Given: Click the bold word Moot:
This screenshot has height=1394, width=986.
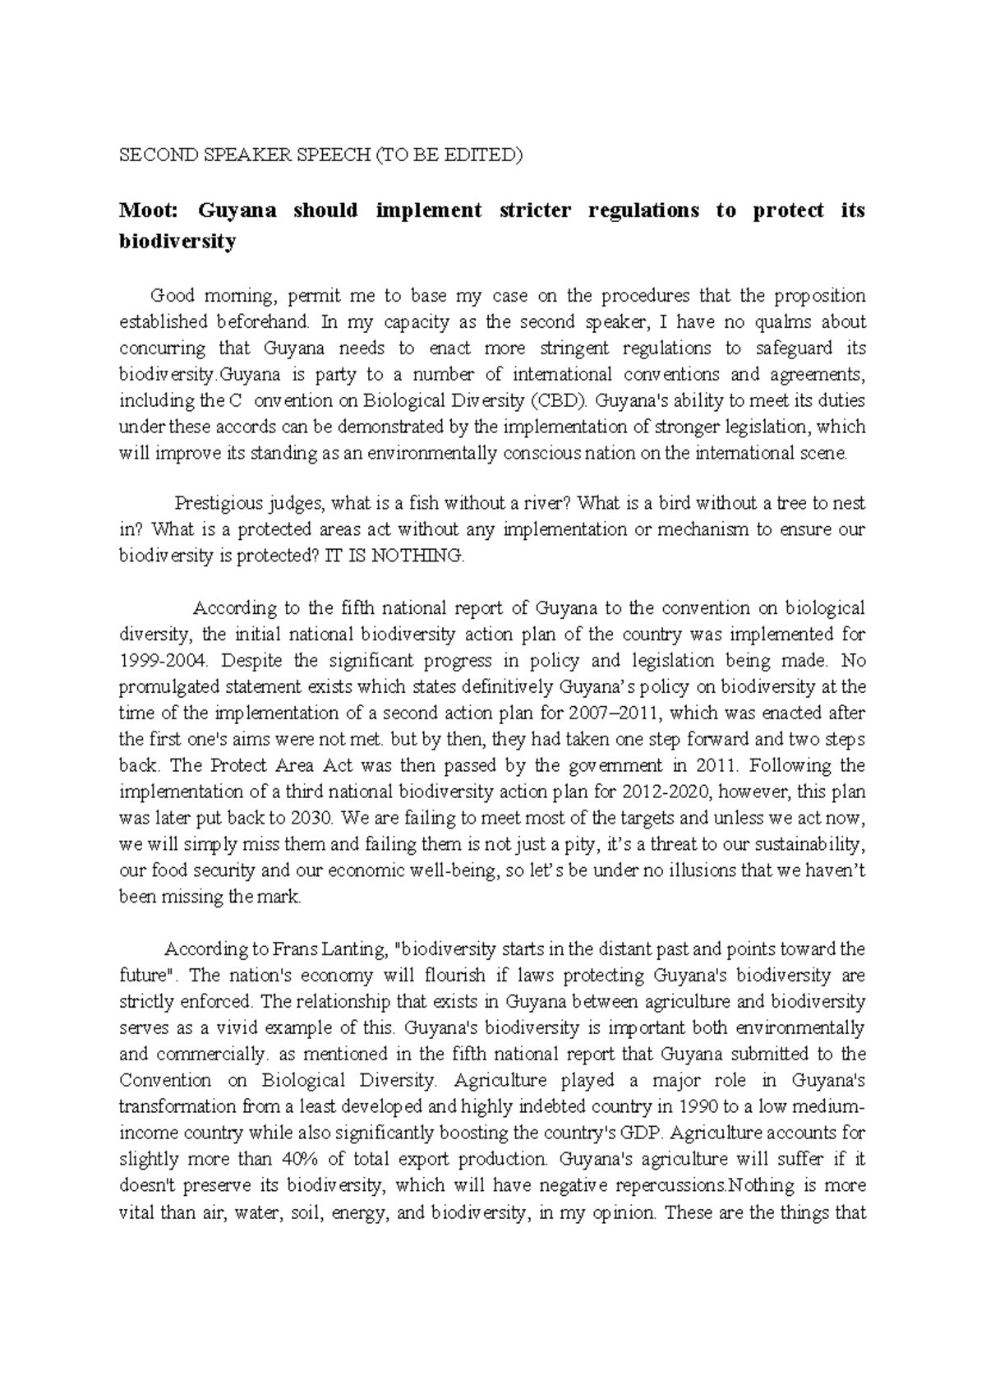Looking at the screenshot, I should pyautogui.click(x=148, y=210).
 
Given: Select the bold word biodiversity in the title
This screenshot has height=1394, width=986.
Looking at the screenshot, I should pyautogui.click(x=177, y=242).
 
